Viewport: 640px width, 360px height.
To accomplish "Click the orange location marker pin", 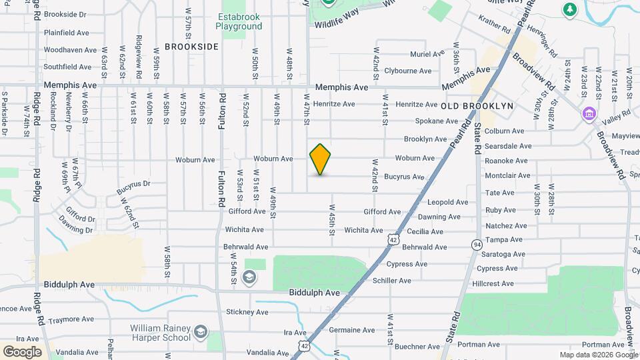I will point(320,159).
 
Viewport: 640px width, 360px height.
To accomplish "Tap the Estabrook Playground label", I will point(239,22).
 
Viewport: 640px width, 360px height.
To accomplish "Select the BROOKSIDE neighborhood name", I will point(191,47).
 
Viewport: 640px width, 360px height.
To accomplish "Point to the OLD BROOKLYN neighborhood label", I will point(477,106).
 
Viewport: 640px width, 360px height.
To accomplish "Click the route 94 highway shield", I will point(476,245).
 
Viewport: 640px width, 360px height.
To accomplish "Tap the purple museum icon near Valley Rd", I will point(589,113).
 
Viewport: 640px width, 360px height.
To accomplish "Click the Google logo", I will point(22,351).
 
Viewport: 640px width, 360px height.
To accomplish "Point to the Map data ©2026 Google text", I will point(599,355).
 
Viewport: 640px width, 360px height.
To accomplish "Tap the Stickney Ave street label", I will point(247,312).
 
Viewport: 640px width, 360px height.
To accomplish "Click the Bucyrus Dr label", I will point(133,183).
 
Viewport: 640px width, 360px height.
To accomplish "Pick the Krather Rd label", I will point(493,30).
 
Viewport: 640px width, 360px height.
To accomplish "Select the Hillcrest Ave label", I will point(493,283).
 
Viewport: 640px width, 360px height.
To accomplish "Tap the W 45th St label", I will point(331,220).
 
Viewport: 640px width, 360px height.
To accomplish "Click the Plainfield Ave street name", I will point(67,32).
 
